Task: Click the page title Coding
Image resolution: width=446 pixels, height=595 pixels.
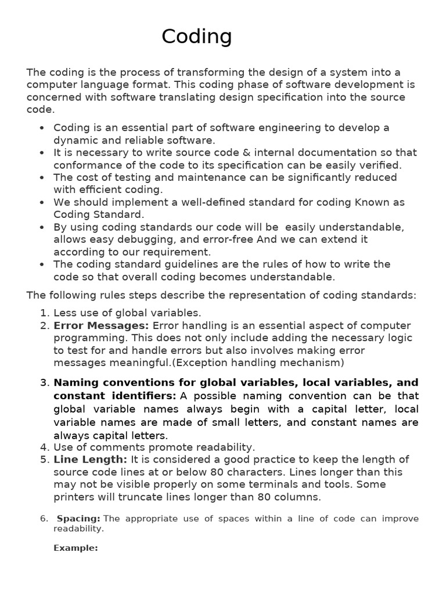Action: pyautogui.click(x=196, y=37)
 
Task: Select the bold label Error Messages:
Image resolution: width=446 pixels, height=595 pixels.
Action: pyautogui.click(x=101, y=325)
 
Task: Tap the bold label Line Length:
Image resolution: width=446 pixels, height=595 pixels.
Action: pyautogui.click(x=90, y=460)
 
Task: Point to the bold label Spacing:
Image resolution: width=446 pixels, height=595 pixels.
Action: pyautogui.click(x=78, y=518)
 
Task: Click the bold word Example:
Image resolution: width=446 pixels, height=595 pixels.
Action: pyautogui.click(x=75, y=547)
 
